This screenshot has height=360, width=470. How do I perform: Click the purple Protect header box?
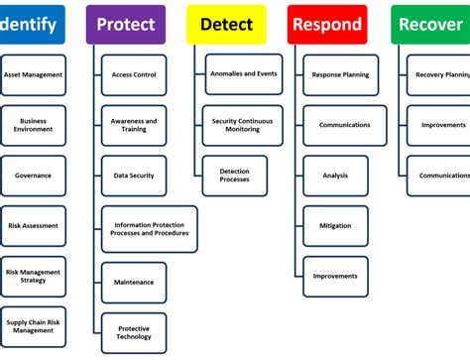pos(125,24)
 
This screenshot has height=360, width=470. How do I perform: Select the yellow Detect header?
pos(226,24)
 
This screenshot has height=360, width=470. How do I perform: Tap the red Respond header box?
pos(327,24)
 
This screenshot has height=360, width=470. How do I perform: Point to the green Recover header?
pos(430,24)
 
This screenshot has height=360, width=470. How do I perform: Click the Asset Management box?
pos(33,74)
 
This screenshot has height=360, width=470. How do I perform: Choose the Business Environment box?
pos(33,125)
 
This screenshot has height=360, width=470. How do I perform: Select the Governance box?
pos(33,176)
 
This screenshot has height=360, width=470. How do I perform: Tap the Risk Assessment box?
pos(33,226)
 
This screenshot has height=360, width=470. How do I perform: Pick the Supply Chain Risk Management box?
pos(33,327)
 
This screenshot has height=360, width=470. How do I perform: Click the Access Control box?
pos(134,74)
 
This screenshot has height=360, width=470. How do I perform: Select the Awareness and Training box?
pos(134,125)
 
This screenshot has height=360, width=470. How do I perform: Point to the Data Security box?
pos(134,176)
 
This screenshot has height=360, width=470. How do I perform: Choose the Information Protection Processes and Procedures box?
pos(149,229)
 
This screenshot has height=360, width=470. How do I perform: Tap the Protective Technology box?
pos(134,332)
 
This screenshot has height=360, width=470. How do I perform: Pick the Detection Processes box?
pos(235,176)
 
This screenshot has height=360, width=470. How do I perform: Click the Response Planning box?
pos(340,74)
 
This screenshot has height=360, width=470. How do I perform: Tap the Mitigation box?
pos(335,226)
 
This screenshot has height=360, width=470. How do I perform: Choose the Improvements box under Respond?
pos(335,276)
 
